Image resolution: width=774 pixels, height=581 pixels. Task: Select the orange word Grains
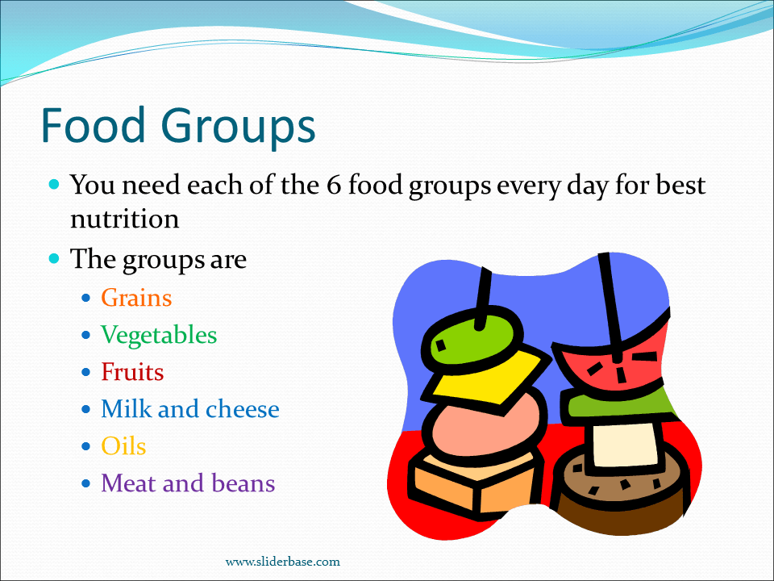click(x=136, y=298)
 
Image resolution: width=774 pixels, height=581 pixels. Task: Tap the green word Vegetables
click(x=159, y=335)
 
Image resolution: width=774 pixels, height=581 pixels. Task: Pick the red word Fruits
click(x=132, y=372)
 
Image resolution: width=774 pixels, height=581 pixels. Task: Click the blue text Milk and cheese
click(x=190, y=409)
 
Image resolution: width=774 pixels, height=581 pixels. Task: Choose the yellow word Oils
click(x=123, y=446)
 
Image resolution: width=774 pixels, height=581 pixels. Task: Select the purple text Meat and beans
click(x=188, y=483)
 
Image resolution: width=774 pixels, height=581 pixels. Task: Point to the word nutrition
click(x=124, y=219)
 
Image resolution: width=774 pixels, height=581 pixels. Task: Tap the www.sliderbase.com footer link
click(x=282, y=562)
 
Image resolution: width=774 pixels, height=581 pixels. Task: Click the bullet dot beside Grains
click(x=87, y=299)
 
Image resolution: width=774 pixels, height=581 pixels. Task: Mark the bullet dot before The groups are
click(x=55, y=260)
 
